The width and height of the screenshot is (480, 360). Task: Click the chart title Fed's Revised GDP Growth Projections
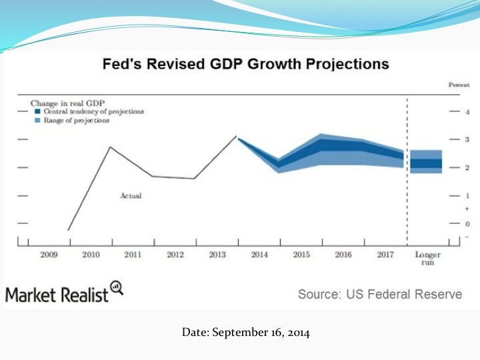[245, 65]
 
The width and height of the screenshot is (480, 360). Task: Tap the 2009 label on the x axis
[49, 255]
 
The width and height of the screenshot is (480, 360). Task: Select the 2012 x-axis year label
[175, 255]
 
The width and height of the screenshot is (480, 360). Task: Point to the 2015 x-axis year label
[301, 255]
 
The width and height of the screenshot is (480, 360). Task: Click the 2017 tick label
[385, 255]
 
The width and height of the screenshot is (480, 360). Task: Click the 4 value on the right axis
[467, 112]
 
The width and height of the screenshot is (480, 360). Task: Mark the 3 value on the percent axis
[467, 139]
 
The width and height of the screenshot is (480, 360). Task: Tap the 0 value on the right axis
[467, 224]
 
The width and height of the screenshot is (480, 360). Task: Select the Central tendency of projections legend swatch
[37, 112]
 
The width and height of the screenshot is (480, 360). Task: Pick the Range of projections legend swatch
[37, 121]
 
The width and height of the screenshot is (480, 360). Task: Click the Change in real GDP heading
[63, 103]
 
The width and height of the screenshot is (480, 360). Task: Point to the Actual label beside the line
[131, 196]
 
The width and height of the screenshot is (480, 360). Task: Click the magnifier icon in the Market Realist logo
[117, 287]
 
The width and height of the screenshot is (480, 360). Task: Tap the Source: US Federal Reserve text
[379, 294]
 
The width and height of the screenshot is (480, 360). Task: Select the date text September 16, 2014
[245, 333]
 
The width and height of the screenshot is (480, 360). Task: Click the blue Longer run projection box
[426, 162]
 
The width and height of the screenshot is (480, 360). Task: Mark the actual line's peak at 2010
[110, 147]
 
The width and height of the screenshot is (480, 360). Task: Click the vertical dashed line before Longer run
[407, 173]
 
